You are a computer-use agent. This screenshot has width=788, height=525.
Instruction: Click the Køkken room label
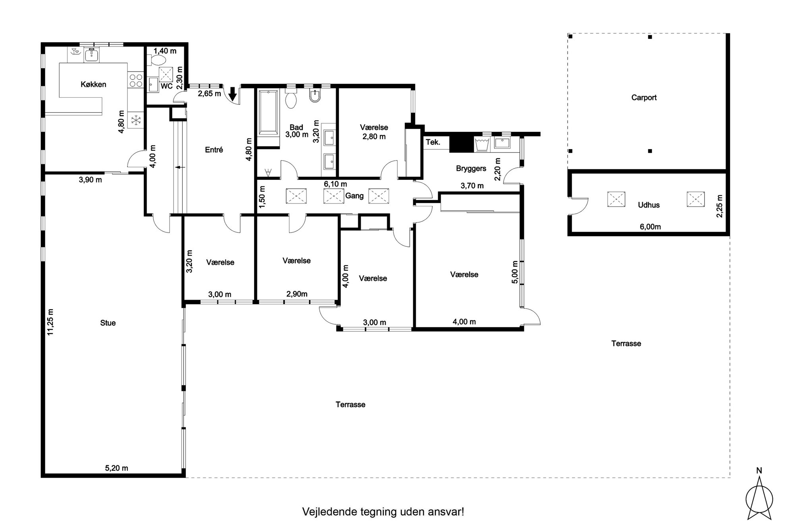93,84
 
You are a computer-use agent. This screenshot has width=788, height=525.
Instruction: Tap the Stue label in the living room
108,323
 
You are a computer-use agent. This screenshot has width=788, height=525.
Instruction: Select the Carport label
644,98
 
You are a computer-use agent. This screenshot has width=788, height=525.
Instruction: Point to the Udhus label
649,205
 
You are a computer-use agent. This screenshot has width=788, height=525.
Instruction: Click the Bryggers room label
471,168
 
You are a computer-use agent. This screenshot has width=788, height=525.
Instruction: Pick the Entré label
214,150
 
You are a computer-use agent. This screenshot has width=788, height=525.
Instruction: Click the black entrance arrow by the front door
233,94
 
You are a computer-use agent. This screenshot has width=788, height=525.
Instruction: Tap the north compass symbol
759,496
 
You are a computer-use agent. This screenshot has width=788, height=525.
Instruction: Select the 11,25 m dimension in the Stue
50,322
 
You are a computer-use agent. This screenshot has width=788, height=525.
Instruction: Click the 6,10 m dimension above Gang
335,184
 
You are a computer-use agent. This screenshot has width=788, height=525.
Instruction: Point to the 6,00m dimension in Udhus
650,227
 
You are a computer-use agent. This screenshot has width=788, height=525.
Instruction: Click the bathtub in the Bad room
268,113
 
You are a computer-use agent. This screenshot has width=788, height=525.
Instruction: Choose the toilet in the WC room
158,60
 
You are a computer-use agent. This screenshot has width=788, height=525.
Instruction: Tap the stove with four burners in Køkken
136,81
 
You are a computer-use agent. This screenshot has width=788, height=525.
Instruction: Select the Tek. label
433,142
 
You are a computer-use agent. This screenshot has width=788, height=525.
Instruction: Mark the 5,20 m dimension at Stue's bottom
116,468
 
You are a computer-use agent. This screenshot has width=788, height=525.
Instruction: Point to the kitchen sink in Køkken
92,55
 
